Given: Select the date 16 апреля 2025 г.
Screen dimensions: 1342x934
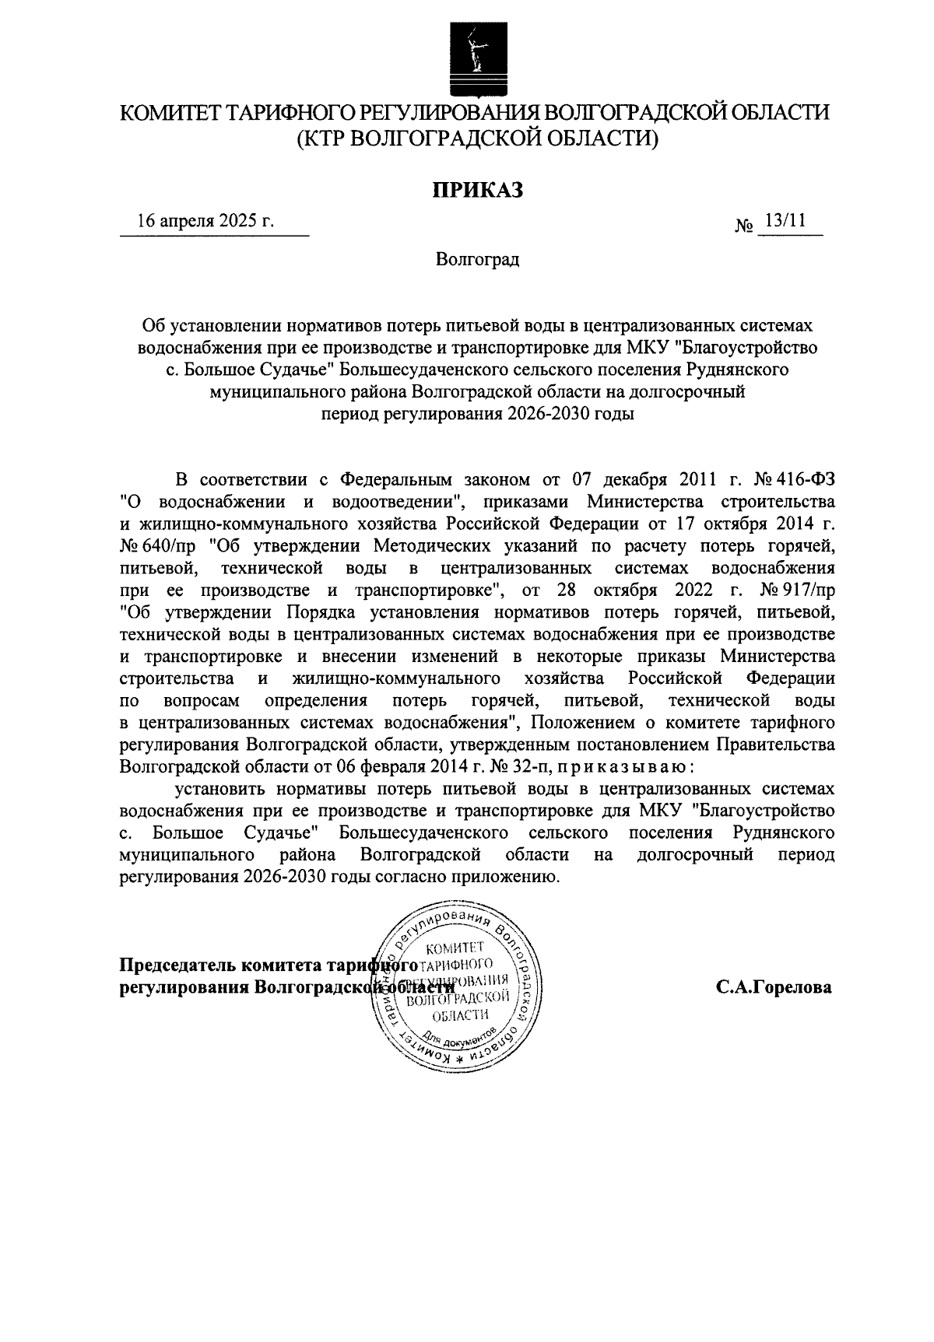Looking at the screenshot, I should coord(205,221).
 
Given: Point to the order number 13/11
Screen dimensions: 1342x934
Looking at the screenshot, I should coord(785,221).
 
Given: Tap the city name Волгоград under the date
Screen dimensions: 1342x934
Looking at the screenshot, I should coord(477,259).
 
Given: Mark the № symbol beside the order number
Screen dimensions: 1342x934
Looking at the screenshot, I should coord(744,226).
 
